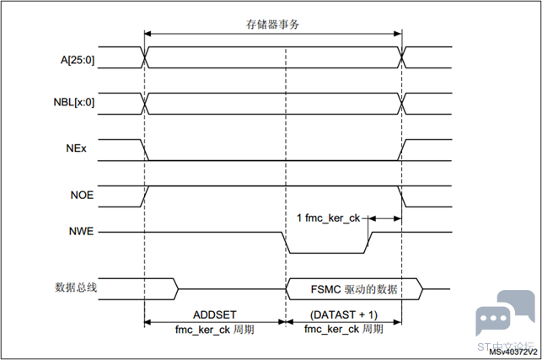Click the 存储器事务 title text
pos(273,24)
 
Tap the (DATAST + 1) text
pos(343,314)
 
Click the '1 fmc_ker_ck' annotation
pos(330,218)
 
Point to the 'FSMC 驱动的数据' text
pos(355,289)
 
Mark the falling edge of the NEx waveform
pos(148,149)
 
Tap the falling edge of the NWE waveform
pos(285,241)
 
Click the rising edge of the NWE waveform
pos(368,241)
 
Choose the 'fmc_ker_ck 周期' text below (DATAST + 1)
pos(343,328)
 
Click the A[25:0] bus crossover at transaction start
pos(147,57)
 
